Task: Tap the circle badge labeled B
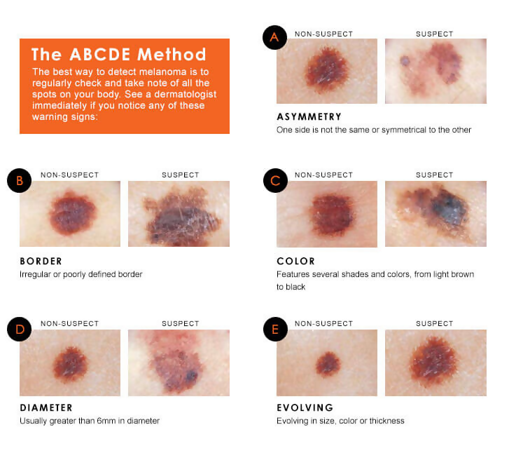[x=19, y=181]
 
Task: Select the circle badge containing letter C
[x=274, y=181]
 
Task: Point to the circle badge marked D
[x=19, y=329]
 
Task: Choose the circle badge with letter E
[x=274, y=329]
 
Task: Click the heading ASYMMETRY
[x=309, y=117]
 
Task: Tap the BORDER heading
[x=41, y=262]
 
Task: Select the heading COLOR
[x=295, y=262]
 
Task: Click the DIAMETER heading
[x=46, y=407]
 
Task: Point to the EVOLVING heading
[x=305, y=407]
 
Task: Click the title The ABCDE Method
[x=118, y=55]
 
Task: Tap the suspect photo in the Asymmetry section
[x=435, y=71]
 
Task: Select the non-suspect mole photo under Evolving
[x=327, y=363]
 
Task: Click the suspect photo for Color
[x=435, y=214]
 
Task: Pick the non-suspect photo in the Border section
[x=70, y=214]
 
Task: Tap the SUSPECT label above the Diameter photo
[x=180, y=323]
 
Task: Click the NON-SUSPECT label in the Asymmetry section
[x=323, y=34]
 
